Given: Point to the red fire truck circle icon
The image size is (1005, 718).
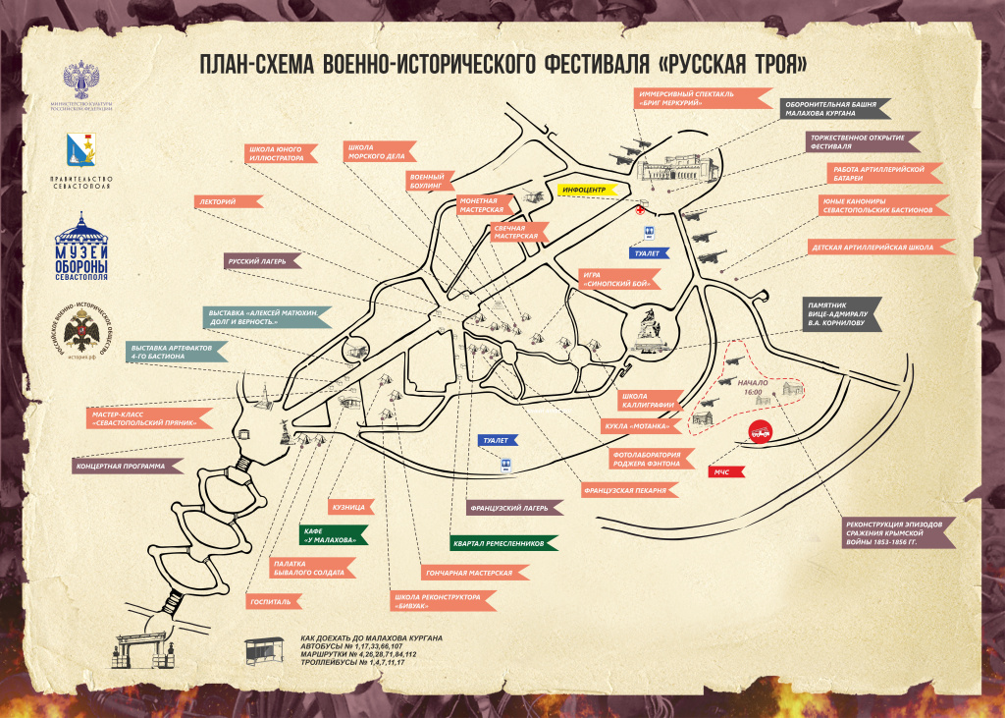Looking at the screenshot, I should pos(760,430).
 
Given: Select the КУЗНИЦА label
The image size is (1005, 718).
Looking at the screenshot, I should pos(350,508).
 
